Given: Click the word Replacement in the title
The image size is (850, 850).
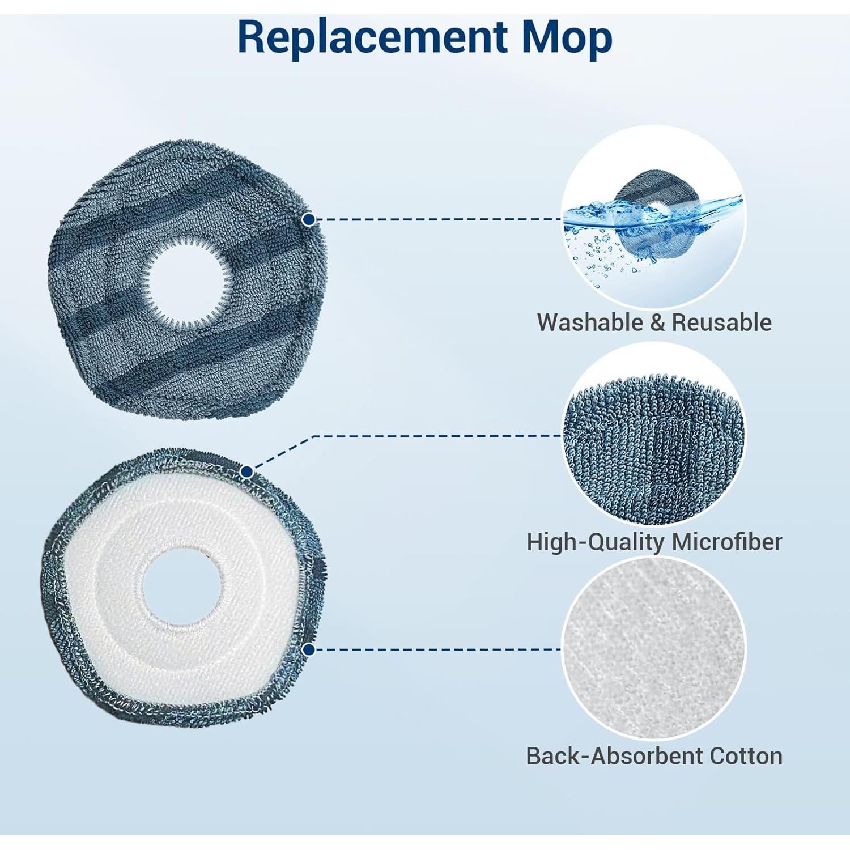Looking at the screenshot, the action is (x=372, y=37).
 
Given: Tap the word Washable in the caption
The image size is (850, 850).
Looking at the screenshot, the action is (x=590, y=322).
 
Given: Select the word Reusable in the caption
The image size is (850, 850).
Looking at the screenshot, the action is (x=721, y=322).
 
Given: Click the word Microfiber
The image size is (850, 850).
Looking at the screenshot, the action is (x=727, y=542).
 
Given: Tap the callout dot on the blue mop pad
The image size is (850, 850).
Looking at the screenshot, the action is (x=309, y=219).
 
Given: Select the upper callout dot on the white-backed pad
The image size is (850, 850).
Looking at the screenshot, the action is (x=247, y=471).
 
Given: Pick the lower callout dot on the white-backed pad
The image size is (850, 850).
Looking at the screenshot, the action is (x=309, y=649).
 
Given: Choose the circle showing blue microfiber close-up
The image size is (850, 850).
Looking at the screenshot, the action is (x=654, y=435).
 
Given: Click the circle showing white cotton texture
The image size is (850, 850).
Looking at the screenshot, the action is (x=654, y=648).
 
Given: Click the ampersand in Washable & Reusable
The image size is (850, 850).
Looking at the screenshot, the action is (x=657, y=322).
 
